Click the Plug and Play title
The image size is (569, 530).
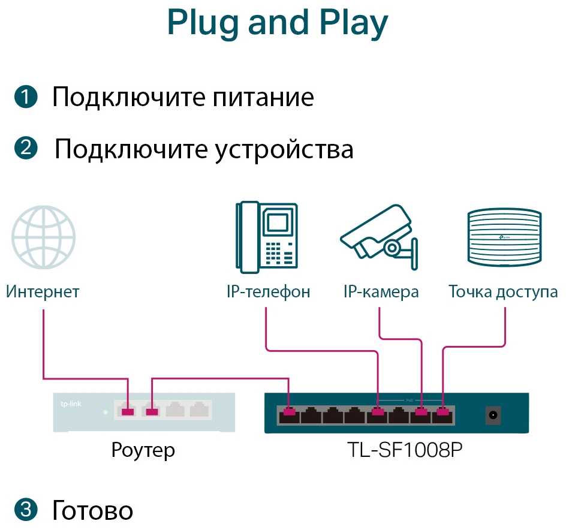coord(278,23)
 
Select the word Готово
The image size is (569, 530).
coord(93,510)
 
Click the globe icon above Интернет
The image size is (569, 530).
coord(43,238)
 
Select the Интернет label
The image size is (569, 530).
coord(43,292)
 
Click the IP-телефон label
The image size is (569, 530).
coord(268,292)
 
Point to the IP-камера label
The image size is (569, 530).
coord(381,292)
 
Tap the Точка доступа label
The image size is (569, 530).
coord(503,292)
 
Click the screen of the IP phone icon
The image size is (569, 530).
coord(276,222)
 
